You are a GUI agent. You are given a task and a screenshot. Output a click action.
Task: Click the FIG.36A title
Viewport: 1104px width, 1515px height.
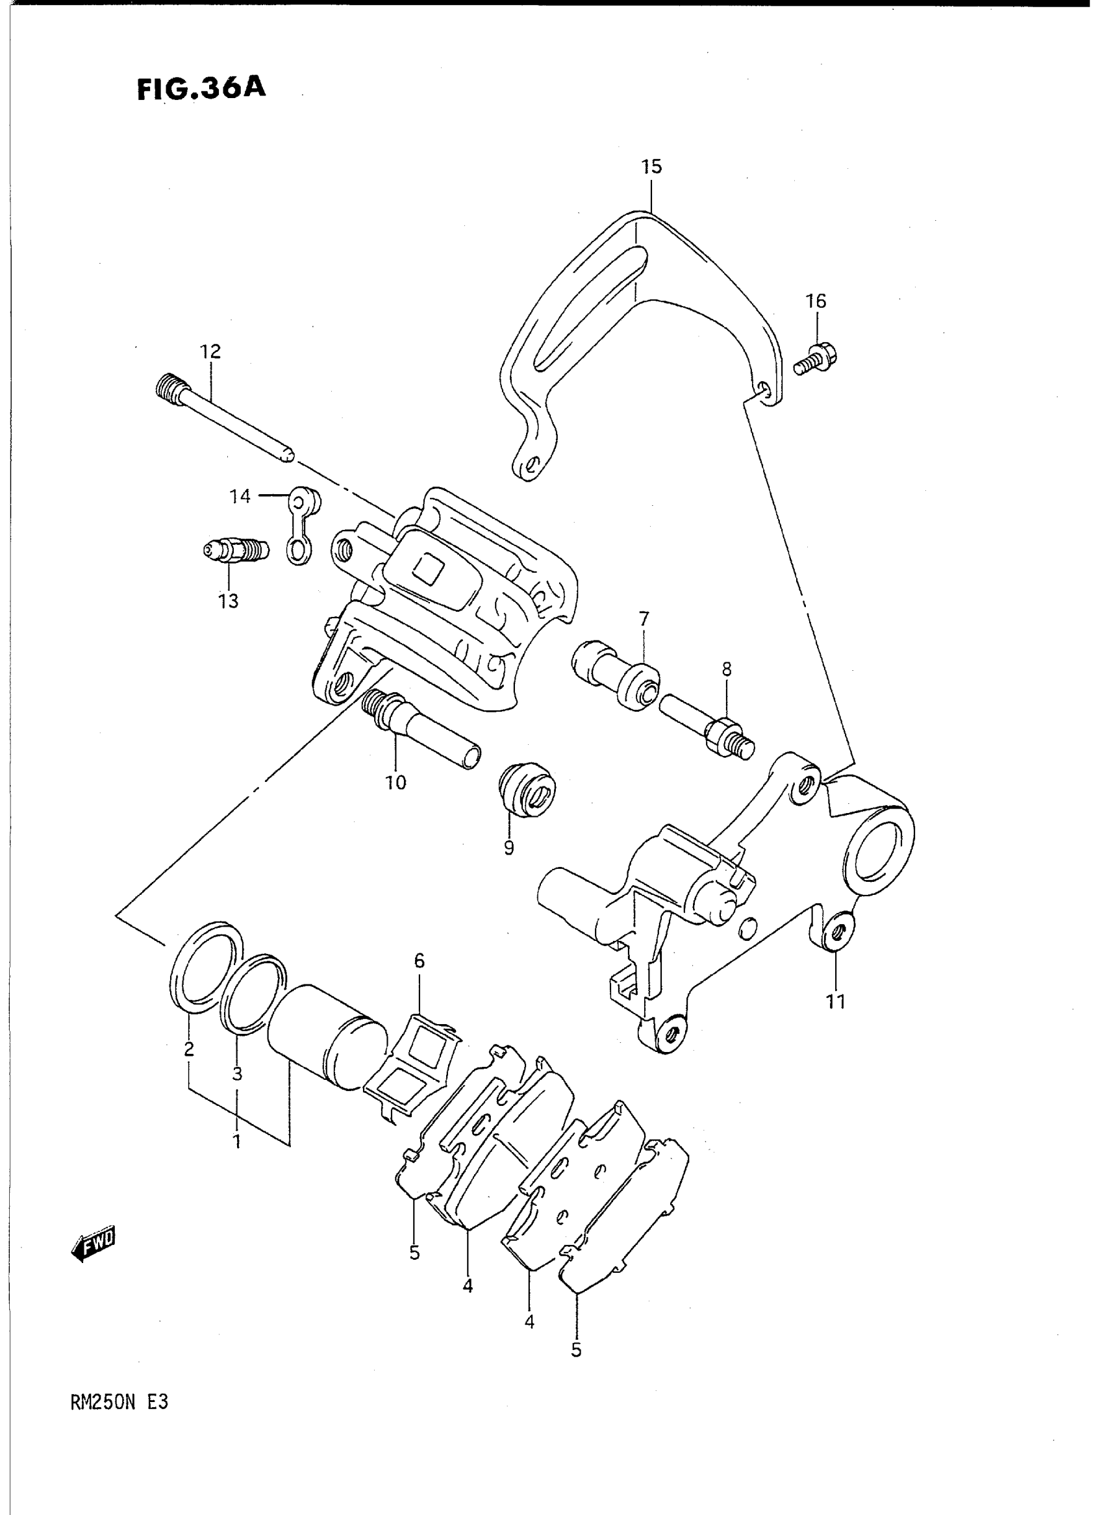point(201,90)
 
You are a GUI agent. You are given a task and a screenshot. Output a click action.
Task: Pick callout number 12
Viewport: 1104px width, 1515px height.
point(210,351)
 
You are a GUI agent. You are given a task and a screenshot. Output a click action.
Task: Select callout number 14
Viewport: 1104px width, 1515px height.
point(240,496)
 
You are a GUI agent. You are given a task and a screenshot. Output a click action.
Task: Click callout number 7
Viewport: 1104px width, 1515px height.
point(644,619)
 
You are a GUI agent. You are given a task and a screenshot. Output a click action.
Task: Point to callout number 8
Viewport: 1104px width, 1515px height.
point(727,669)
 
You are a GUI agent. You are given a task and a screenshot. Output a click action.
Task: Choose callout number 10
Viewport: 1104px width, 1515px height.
point(395,783)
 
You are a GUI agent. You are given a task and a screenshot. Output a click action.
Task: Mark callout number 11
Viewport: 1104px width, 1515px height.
point(835,1020)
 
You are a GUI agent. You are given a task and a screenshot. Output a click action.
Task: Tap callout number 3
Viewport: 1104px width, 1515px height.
point(236,1075)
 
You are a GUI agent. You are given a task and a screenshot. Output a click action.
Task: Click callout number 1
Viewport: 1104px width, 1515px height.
point(236,1142)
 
